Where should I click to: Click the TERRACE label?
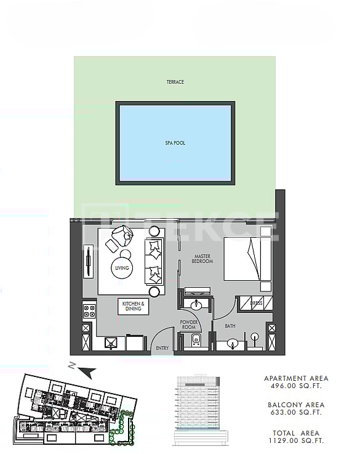(x=175, y=82)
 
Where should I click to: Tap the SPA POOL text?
(x=175, y=143)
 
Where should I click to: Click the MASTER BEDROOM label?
(x=203, y=259)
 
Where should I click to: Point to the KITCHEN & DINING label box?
(x=134, y=306)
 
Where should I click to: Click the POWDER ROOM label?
(x=188, y=325)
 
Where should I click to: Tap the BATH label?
(x=230, y=326)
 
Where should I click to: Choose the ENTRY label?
(x=162, y=349)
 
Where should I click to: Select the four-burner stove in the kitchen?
(x=89, y=310)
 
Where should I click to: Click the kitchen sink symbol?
(x=112, y=343)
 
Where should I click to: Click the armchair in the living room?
(x=121, y=235)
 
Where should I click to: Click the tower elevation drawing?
(x=201, y=409)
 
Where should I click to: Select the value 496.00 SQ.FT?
(x=296, y=386)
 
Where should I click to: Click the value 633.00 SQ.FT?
(x=296, y=413)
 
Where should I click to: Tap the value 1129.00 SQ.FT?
(x=296, y=440)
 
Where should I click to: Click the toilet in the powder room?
(x=195, y=342)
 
